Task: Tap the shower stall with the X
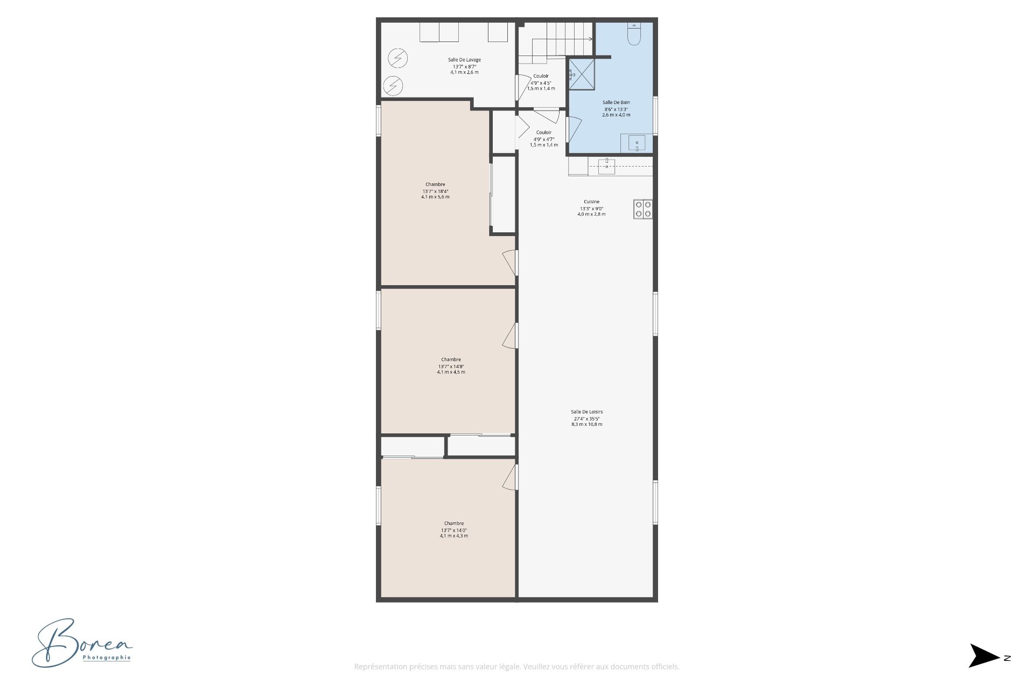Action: (582, 74)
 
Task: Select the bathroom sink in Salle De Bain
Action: (637, 143)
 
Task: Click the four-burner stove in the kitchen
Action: (643, 209)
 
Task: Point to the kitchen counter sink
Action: (606, 166)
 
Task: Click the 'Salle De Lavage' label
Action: (464, 60)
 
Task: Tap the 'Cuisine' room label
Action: (591, 202)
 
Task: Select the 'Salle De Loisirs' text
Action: (586, 412)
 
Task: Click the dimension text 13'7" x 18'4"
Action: (435, 191)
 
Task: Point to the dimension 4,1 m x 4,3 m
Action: (453, 536)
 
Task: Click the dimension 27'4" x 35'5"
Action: (586, 419)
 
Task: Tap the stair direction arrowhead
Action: (591, 39)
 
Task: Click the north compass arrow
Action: (984, 655)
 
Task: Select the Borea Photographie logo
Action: (81, 644)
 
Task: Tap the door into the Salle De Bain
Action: (574, 130)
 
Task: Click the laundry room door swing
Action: (522, 87)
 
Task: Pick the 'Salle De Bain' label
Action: (616, 102)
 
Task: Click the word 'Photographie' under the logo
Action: (107, 658)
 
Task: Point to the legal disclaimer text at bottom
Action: (516, 667)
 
